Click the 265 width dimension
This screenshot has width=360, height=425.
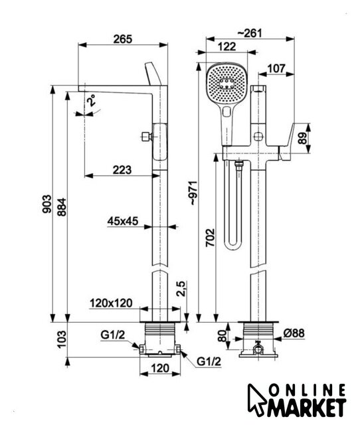pos(122,39)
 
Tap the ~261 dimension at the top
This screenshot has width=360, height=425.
pos(250,33)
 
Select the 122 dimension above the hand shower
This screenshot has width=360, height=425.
pos(227,46)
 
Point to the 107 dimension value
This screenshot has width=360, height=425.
pos(276,68)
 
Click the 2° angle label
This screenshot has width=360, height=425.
pos(92,100)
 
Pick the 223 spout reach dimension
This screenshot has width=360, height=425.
pos(122,170)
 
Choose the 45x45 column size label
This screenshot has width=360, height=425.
pos(122,221)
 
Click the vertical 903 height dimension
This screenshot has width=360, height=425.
pos(46,204)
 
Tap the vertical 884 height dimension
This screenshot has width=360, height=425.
pos(62,207)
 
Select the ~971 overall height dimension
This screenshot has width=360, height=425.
pos(195,193)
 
